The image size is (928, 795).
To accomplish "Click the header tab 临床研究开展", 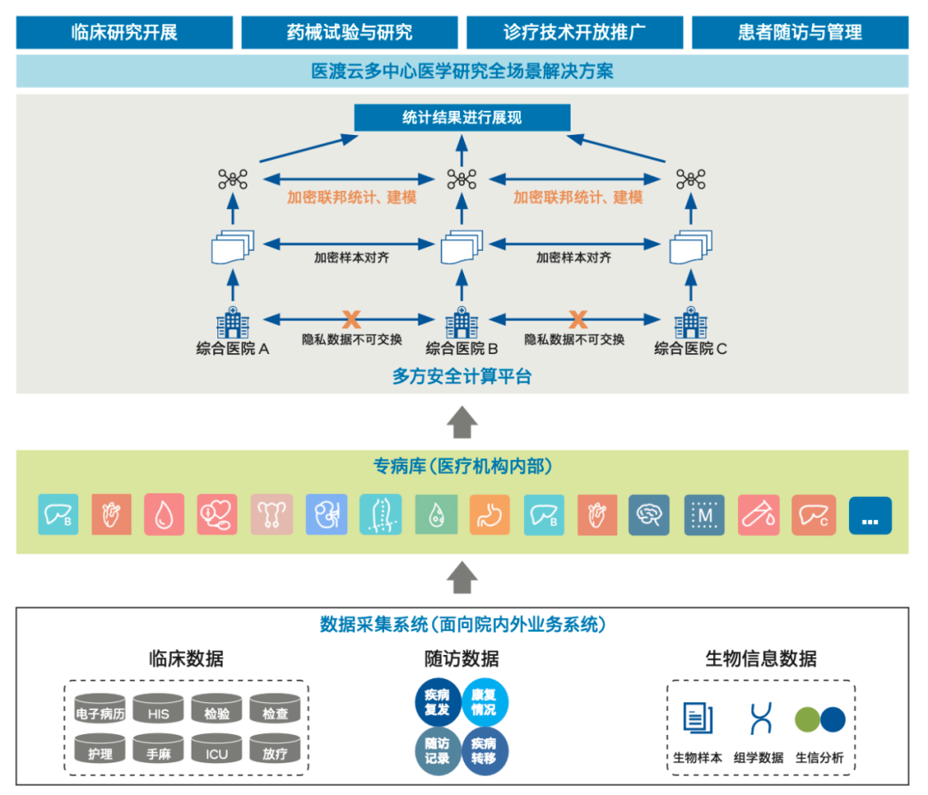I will point(125,33).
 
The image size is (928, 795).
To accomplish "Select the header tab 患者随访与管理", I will point(799,33).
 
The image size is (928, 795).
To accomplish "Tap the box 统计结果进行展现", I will point(462,118).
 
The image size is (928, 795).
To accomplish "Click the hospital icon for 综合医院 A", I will point(233,323).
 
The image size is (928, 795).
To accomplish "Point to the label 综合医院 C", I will point(691,349).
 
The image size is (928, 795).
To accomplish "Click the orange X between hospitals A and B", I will point(351,320).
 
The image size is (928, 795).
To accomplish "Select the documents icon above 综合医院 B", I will point(461,248).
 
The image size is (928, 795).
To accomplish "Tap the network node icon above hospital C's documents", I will point(690,180).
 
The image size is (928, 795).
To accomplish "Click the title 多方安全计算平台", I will point(462,376).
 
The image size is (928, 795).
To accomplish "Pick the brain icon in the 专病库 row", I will point(649,516).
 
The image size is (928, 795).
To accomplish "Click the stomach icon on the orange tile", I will point(490,516).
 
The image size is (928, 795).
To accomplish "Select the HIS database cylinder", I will point(159,711).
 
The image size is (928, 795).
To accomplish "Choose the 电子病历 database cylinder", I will point(101,711).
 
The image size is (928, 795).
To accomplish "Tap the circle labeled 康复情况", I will point(485,702).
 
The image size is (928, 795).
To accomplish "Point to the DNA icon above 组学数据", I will point(760,719).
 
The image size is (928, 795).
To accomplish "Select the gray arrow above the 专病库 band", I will point(462,422).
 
